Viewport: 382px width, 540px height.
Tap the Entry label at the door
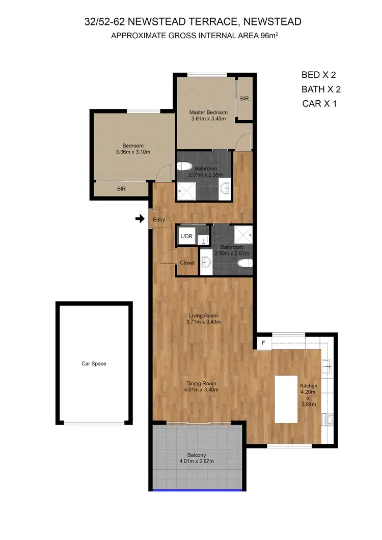(159, 219)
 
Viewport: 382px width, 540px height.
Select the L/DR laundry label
(186, 236)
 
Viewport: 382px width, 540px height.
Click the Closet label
(187, 263)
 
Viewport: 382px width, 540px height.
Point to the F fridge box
(263, 343)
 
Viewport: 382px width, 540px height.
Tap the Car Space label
(94, 364)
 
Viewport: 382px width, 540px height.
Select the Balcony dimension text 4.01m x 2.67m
(196, 462)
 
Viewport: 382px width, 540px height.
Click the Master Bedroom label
(208, 112)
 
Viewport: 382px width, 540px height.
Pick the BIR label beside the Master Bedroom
(244, 99)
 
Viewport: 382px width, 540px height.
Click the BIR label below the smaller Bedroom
(121, 189)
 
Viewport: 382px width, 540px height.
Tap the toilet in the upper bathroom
(184, 165)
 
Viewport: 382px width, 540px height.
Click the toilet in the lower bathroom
(245, 263)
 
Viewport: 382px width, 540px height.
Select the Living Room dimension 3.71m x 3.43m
(203, 322)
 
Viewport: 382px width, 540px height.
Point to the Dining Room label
(202, 384)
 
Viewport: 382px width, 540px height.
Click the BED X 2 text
(319, 75)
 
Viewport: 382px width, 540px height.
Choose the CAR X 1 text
(319, 103)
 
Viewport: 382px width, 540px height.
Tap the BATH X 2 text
(321, 89)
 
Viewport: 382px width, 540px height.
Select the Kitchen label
(309, 386)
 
